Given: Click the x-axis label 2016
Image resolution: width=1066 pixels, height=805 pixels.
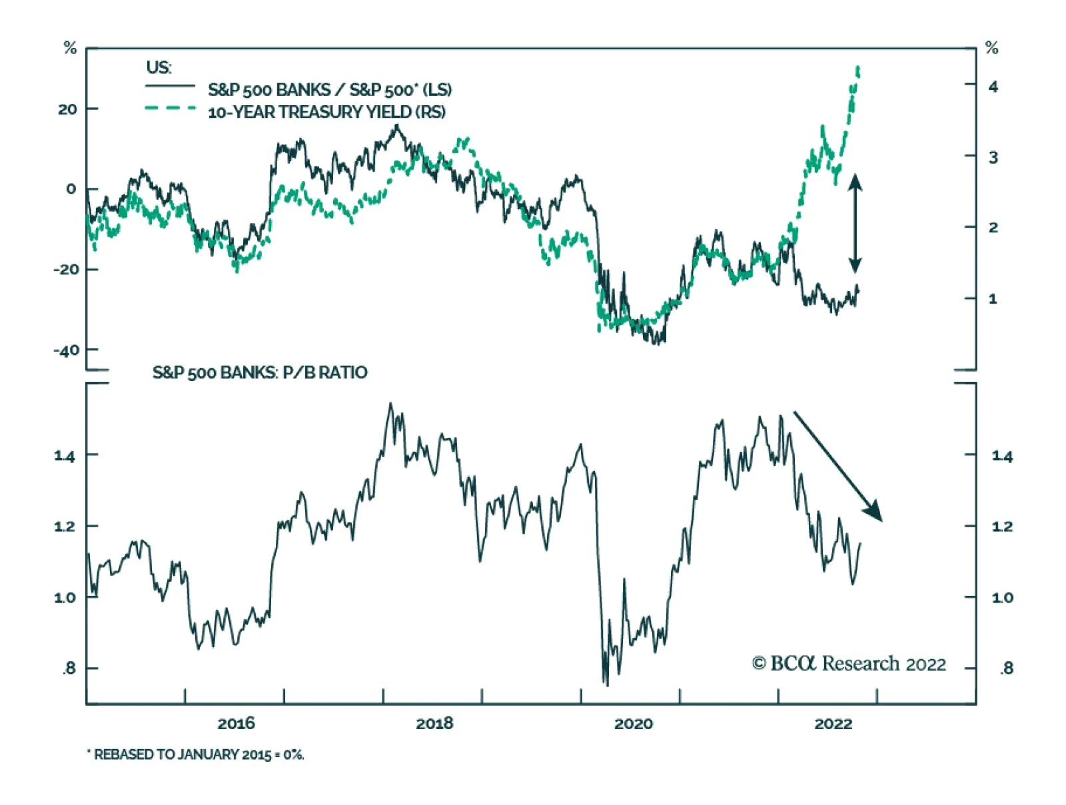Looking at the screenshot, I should click(x=236, y=724).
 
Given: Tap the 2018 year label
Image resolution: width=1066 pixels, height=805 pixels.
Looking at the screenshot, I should click(x=434, y=724).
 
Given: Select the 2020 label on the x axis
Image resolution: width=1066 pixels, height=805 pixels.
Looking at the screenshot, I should click(x=633, y=724).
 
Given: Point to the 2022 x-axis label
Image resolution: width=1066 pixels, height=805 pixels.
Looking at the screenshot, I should click(x=833, y=724).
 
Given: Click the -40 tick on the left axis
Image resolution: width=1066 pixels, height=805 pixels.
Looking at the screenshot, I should click(x=66, y=350).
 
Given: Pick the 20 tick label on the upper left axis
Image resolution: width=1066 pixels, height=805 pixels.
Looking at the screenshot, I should click(x=67, y=109).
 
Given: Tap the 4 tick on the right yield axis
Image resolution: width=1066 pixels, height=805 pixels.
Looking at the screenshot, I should click(x=993, y=87).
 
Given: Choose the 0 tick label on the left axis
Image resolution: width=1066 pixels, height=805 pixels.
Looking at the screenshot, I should click(x=71, y=189).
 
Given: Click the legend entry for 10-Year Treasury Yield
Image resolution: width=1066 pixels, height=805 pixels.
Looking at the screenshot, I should click(x=326, y=112).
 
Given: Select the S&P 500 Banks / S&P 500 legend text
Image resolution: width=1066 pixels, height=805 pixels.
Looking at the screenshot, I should click(x=330, y=90).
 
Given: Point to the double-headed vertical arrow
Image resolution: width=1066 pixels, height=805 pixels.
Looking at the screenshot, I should click(x=855, y=223).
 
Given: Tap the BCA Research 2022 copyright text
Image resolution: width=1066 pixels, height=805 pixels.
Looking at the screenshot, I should click(x=849, y=664).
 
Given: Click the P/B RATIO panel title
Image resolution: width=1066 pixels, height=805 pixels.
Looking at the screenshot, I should click(x=260, y=372).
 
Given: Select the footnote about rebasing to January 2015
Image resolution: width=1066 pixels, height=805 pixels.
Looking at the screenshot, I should click(x=196, y=754).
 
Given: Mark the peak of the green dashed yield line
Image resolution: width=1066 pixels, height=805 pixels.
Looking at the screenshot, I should click(x=858, y=68).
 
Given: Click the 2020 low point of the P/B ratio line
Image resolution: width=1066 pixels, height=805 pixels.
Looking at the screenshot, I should click(x=606, y=684).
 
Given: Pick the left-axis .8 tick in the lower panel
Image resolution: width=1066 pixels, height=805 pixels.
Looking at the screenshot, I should click(x=69, y=669).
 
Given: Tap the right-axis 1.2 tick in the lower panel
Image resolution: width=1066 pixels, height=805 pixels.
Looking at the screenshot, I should click(x=1002, y=527).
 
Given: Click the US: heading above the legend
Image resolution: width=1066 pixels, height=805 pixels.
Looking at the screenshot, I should click(x=159, y=68).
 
